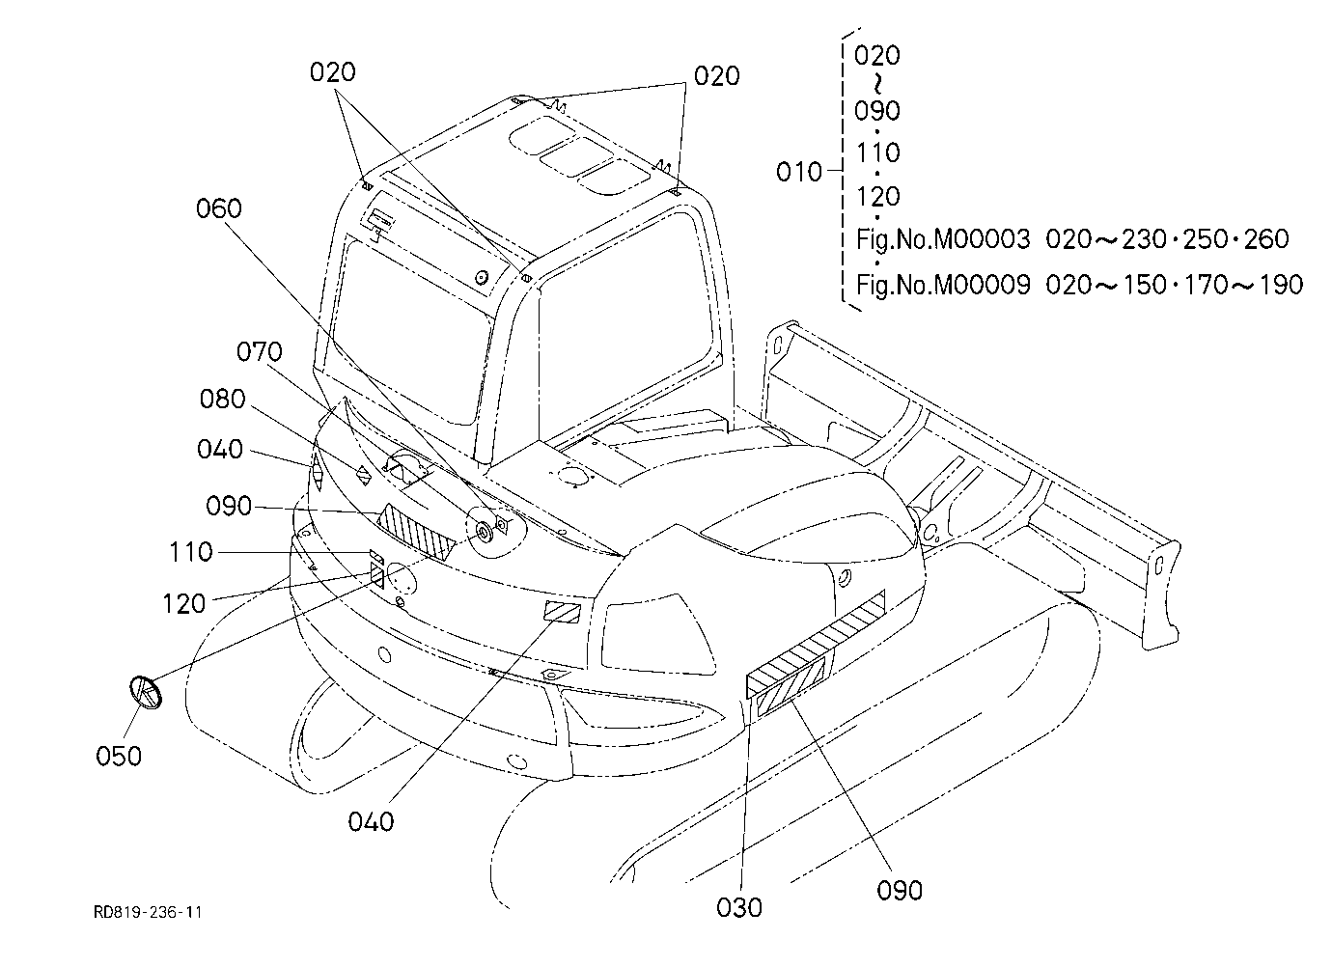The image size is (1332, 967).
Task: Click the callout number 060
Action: coord(219,208)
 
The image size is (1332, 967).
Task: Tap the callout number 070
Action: coord(260,352)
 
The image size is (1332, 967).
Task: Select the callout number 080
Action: coord(222,399)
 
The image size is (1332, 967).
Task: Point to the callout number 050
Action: coord(119,757)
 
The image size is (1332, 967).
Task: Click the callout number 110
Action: coord(191,552)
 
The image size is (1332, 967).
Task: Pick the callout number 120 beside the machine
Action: coord(184,604)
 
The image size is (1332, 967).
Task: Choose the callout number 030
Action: coord(739,908)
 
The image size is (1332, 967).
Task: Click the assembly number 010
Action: coord(799,173)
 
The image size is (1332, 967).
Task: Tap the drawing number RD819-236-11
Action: coord(148,912)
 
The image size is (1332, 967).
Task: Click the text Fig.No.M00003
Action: coord(943,239)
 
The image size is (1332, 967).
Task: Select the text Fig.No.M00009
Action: coord(943,286)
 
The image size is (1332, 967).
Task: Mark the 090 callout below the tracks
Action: coord(900,891)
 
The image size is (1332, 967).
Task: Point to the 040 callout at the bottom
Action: coord(371,822)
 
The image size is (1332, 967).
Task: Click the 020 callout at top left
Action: coord(333,72)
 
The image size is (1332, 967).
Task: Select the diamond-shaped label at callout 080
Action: coord(363,476)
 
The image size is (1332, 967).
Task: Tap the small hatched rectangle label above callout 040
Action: coord(562,612)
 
